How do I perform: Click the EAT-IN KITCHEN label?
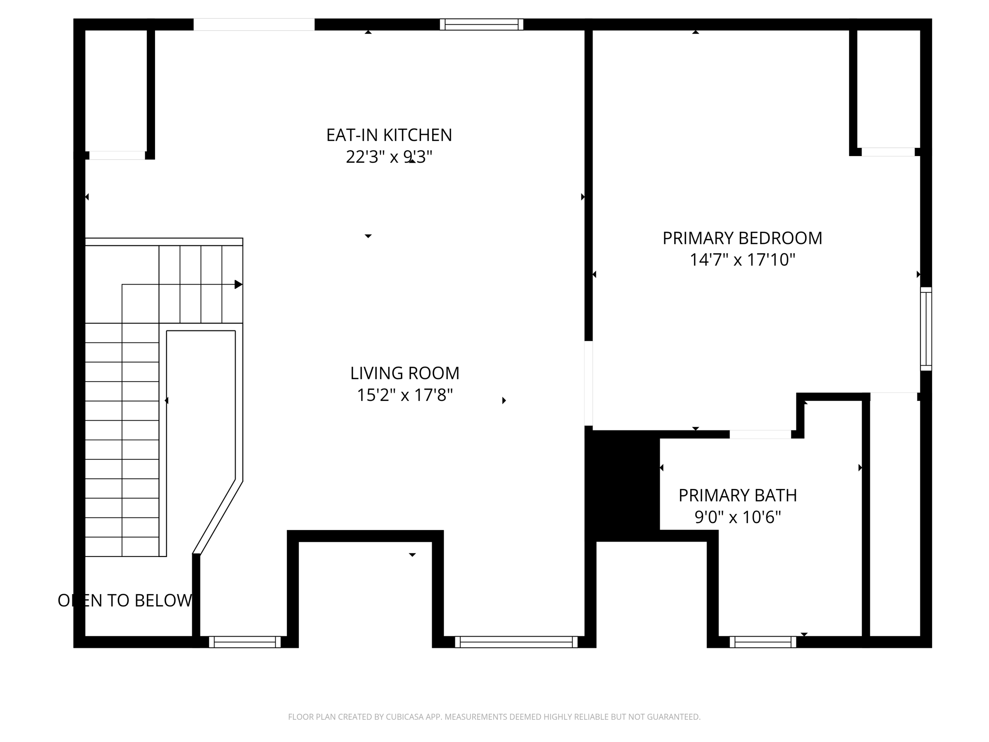tap(389, 135)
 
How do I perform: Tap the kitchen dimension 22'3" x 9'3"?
tap(389, 157)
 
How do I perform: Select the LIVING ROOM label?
tap(405, 373)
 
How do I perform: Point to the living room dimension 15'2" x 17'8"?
tap(405, 395)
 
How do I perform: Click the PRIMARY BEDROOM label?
tap(742, 238)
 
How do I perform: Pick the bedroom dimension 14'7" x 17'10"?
tap(742, 260)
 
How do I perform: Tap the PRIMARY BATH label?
tap(737, 496)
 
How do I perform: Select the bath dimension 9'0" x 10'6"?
tap(737, 517)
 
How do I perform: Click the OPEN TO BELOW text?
tap(125, 600)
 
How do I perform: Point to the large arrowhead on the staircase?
tap(238, 285)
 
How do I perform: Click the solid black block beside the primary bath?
tap(623, 483)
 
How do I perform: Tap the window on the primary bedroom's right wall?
tap(926, 329)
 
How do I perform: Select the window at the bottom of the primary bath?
tap(763, 642)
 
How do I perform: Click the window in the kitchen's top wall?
tap(481, 24)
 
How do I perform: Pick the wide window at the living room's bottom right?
tap(516, 642)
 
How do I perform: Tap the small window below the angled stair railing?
tap(245, 642)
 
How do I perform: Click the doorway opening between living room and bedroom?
tap(589, 383)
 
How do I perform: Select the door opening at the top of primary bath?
tap(760, 434)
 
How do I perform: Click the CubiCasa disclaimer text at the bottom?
tap(494, 717)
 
